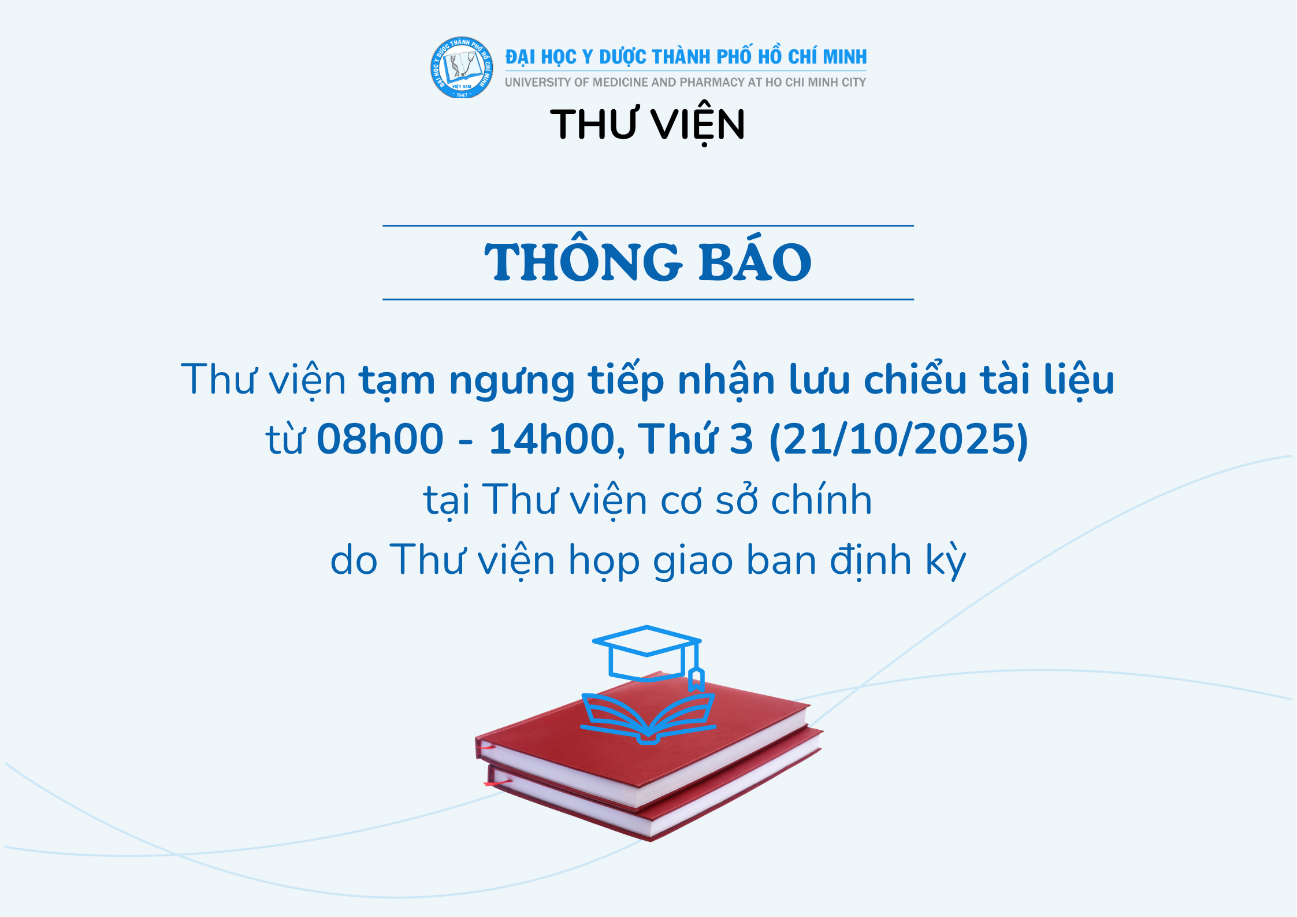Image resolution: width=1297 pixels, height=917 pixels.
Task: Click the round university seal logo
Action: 462,68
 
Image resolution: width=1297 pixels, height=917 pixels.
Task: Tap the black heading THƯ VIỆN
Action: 648,125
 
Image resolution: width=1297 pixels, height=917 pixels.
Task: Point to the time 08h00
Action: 380,439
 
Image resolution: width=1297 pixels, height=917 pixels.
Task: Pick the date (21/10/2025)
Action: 899,439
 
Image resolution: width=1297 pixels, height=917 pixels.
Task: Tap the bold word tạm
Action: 397,381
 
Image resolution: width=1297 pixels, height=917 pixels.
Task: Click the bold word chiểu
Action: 915,379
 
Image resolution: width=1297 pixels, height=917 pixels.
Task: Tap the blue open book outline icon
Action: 648,719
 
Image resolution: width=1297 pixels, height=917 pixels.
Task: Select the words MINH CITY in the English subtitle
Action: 837,83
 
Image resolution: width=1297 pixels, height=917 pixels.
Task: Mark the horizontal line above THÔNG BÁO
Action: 648,225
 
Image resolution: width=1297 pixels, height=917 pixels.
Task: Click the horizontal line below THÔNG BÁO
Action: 648,299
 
